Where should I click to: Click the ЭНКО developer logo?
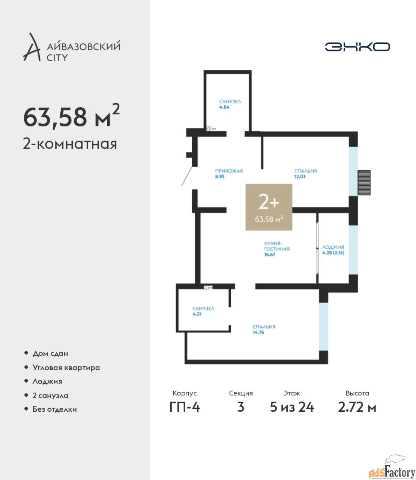tap(357, 46)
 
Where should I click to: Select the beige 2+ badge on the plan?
tap(269, 207)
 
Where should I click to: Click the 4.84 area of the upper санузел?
tap(224, 107)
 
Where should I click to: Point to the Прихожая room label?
tap(229, 171)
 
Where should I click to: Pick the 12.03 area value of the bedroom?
tap(300, 177)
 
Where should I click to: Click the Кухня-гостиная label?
tap(276, 246)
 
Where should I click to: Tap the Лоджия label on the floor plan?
tap(333, 247)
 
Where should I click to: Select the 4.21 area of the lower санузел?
tap(197, 314)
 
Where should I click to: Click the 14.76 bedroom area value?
tap(258, 332)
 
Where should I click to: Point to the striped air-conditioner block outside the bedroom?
tap(364, 183)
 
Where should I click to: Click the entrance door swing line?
tap(187, 176)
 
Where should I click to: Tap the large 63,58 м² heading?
tap(72, 116)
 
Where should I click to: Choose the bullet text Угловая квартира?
tap(66, 367)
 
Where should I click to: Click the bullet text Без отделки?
tap(55, 409)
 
